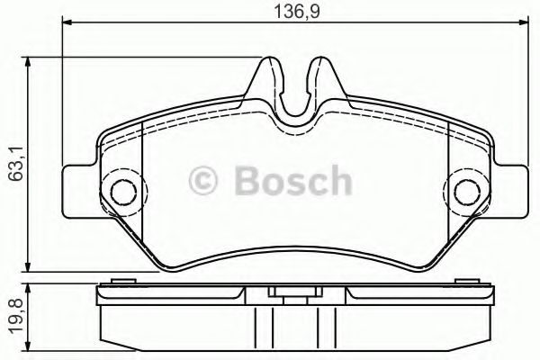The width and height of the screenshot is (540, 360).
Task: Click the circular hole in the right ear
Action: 466,190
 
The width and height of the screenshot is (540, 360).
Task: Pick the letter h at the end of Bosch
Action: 338,181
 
